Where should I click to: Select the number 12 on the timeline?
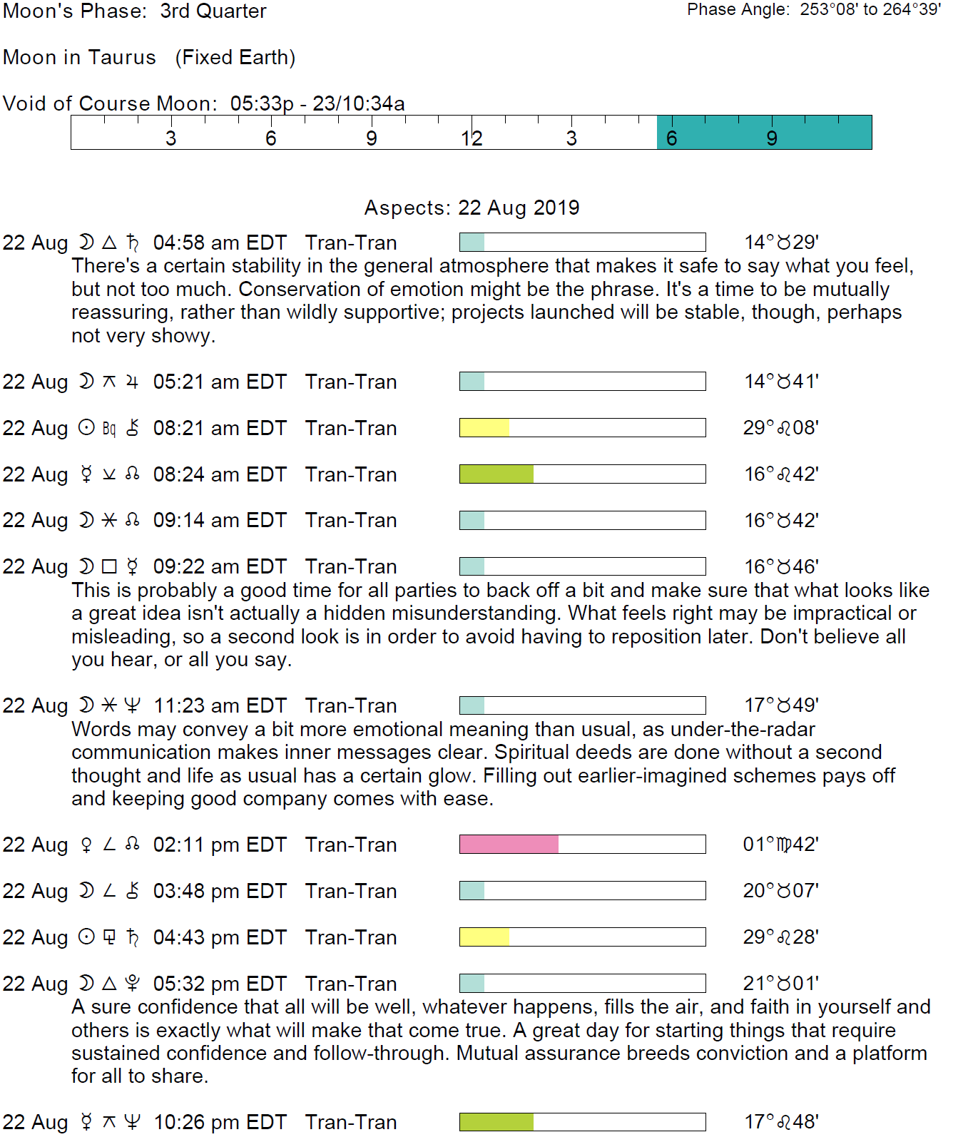[471, 138]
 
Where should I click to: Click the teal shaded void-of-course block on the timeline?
[763, 132]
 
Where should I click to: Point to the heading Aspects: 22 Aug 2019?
[472, 208]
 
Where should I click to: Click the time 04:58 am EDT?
[220, 243]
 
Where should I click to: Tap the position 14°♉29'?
[781, 243]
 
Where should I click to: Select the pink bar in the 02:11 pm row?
[509, 845]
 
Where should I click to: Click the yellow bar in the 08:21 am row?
[484, 428]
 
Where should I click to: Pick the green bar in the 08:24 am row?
[496, 474]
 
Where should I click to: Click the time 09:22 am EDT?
[220, 566]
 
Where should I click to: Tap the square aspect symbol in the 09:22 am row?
[109, 566]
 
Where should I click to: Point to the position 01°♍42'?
[780, 845]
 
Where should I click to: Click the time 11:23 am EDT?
[220, 705]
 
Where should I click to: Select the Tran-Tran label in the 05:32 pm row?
[351, 984]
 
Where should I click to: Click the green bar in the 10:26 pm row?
[496, 1122]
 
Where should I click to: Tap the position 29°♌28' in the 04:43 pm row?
[780, 937]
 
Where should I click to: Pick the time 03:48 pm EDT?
[220, 891]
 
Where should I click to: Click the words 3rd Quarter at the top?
[213, 11]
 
